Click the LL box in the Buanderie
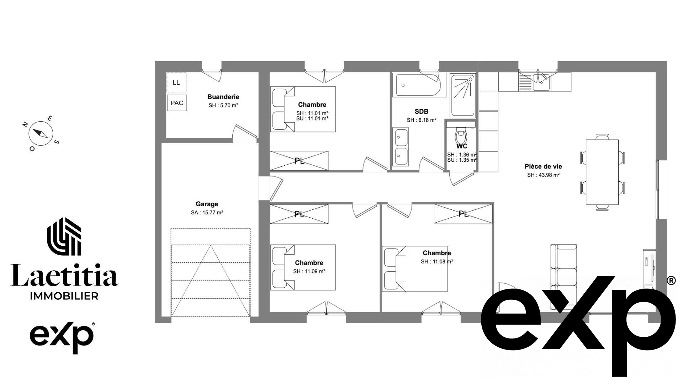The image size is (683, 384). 176,82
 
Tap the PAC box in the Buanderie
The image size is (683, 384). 177,103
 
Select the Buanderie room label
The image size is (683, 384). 223,97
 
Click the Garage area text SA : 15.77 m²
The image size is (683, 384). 207,213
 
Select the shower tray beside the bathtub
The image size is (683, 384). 462,95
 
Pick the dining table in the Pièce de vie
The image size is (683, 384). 602,172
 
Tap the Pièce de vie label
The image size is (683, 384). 543,166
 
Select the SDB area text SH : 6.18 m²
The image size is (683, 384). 422,120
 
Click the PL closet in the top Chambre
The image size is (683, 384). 299,161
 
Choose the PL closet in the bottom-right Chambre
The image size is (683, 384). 463,214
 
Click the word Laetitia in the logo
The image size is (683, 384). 64,275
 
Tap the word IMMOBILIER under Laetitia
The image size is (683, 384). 64,296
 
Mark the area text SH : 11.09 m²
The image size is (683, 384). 309,271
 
